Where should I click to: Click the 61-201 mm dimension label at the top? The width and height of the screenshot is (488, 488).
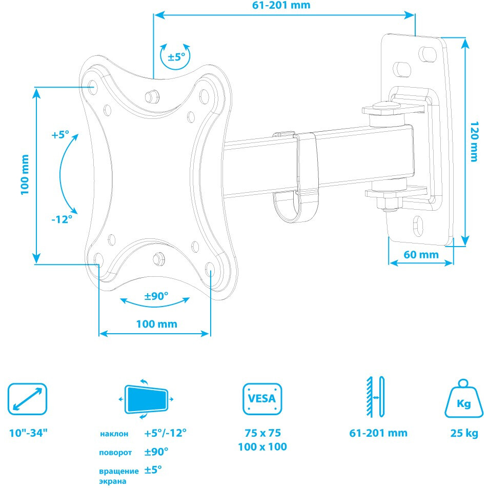[x=281, y=5]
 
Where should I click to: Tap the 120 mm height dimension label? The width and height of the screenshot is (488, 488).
[x=474, y=141]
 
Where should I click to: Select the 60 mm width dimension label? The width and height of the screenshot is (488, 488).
[x=421, y=255]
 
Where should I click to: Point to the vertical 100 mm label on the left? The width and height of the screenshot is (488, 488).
[x=25, y=175]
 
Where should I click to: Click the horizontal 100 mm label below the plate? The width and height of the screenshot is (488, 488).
[x=156, y=324]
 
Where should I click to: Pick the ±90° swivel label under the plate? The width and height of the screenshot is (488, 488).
[x=156, y=296]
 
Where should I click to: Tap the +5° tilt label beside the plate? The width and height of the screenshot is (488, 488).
[x=60, y=135]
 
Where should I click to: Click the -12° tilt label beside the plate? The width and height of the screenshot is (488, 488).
[x=62, y=219]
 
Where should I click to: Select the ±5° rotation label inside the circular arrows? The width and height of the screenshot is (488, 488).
[x=176, y=57]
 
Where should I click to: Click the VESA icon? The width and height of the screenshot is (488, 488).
[x=262, y=399]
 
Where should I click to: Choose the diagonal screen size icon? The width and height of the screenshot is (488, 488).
[x=27, y=399]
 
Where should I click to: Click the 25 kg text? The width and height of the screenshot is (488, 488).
[x=464, y=433]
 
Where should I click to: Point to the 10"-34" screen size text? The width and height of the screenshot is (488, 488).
[x=28, y=433]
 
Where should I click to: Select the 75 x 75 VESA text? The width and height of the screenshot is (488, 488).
[x=262, y=433]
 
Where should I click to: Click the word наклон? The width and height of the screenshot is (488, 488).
[x=114, y=434]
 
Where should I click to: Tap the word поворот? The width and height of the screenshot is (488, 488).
[x=115, y=453]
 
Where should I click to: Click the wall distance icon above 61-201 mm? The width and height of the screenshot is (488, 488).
[x=376, y=397]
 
